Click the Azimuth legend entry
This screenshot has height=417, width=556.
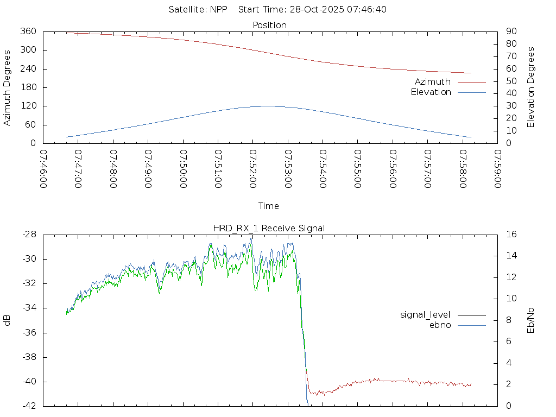433,82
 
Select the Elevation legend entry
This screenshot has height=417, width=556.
431,92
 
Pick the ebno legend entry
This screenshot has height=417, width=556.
440,325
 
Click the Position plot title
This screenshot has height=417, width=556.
269,25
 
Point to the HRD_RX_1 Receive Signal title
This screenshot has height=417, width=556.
269,229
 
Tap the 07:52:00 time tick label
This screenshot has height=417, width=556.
252,169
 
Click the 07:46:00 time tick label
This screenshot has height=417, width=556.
43,169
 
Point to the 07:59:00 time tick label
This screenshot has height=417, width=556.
497,169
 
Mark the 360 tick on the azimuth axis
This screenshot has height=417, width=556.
27,31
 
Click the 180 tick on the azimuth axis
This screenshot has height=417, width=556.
27,87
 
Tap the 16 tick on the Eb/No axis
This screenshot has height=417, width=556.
511,235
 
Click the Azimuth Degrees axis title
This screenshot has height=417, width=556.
7,87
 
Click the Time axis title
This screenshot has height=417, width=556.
269,206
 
